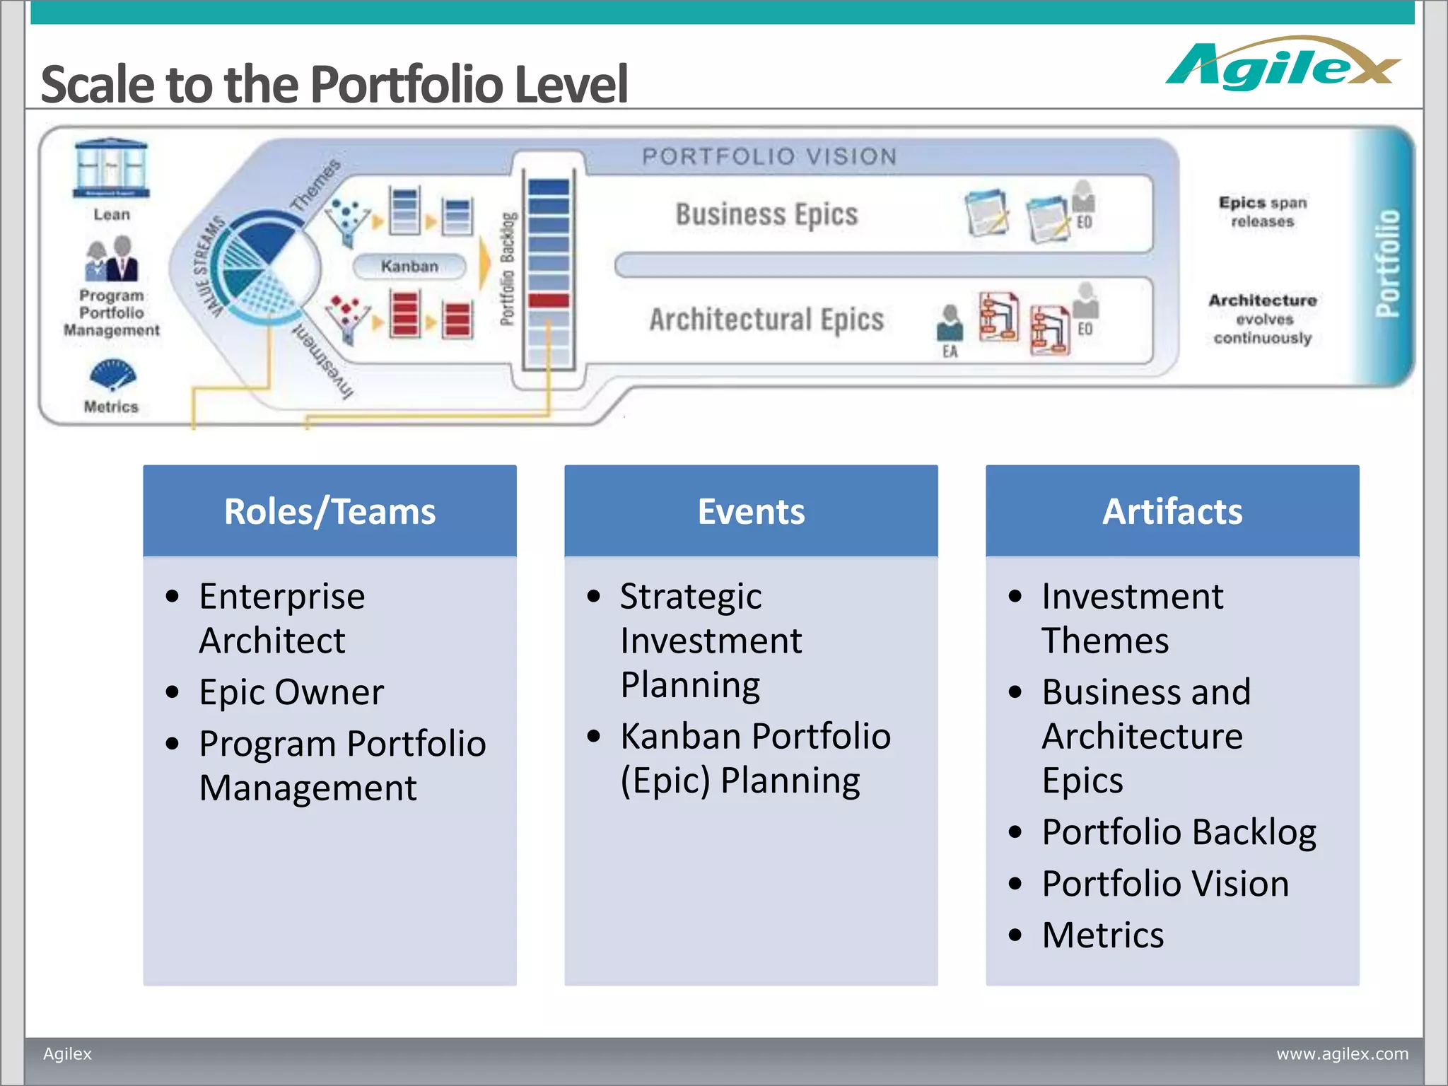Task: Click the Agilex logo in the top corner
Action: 1281,65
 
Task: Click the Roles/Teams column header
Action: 329,511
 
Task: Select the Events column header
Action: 751,511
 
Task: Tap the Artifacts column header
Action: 1172,511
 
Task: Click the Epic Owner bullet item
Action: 291,691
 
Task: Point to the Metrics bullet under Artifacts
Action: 1102,935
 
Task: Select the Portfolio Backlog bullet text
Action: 1179,831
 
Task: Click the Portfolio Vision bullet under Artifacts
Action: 1165,883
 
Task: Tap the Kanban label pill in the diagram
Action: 409,266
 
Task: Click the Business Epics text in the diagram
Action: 766,214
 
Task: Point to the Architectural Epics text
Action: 766,320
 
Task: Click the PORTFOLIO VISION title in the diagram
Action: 769,156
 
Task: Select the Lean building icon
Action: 111,168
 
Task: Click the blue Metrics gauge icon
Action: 112,375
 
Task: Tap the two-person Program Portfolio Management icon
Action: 112,259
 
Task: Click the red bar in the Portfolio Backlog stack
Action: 549,300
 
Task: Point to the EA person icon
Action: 950,323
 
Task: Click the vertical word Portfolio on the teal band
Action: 1387,263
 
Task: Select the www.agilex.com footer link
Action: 1342,1053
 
